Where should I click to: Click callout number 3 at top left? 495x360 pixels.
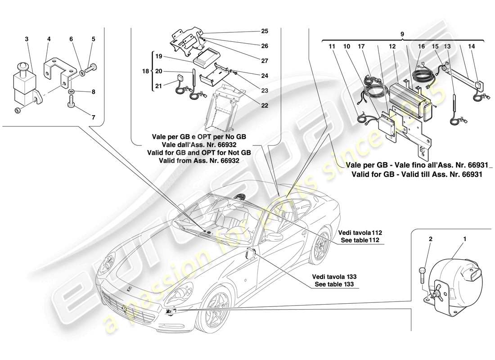[x=27, y=40]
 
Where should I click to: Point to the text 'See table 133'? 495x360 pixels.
[x=334, y=284]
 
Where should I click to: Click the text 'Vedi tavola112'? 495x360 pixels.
[x=360, y=233]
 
